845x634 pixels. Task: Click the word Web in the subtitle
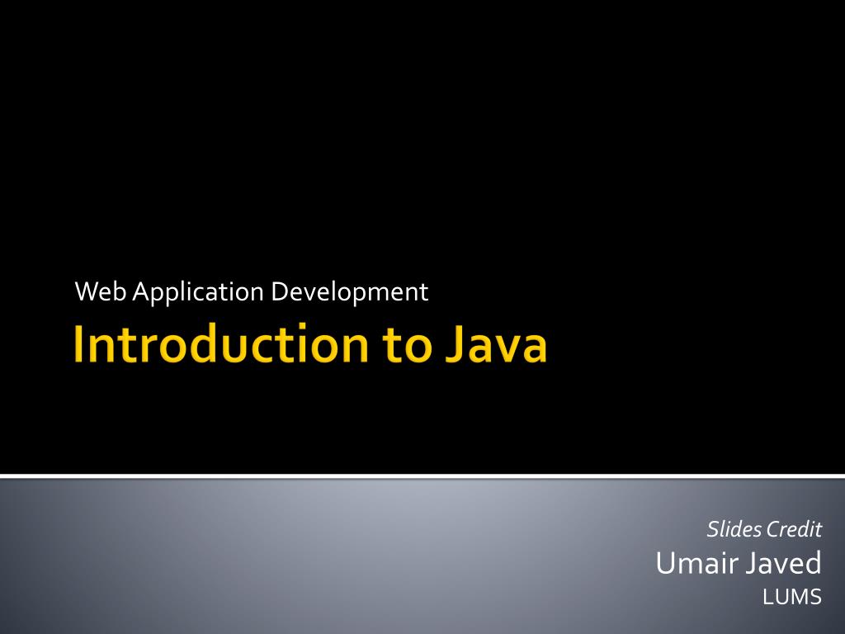tap(102, 291)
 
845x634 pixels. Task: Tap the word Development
tap(350, 292)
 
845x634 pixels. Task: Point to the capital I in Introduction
tap(78, 346)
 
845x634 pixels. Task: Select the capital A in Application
tap(139, 291)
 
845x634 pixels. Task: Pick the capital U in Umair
tap(665, 564)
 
